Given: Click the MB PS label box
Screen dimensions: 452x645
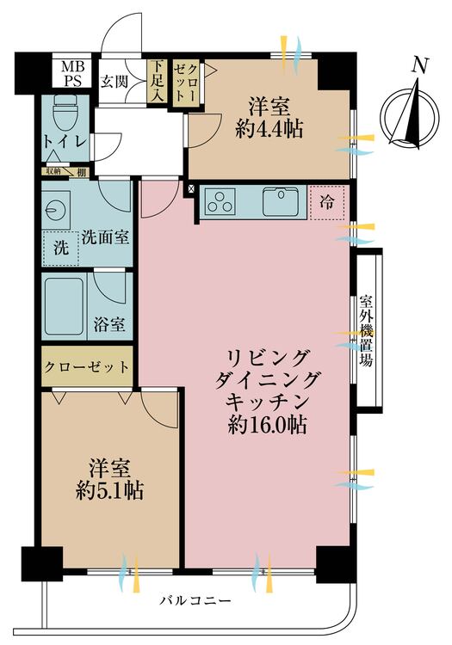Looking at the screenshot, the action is (x=71, y=73).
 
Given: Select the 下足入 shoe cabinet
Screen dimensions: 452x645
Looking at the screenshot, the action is (x=157, y=81).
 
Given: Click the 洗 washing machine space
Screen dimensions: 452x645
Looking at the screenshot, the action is (x=61, y=248).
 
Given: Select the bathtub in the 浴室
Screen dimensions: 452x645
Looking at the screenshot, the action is (x=65, y=306).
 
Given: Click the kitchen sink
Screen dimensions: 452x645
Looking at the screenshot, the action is (x=281, y=201).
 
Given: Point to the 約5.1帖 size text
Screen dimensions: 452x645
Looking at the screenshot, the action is (x=109, y=490).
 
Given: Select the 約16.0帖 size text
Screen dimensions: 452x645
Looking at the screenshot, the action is (x=268, y=426).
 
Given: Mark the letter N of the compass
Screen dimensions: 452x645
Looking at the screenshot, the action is (x=421, y=66).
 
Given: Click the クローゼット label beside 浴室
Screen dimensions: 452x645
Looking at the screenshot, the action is (x=87, y=366).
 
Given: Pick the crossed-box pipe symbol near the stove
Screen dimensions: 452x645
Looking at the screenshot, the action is (x=190, y=190).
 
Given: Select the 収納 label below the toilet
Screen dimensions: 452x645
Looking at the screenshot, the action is (x=53, y=171).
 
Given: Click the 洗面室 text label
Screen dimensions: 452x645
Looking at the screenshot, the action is (x=105, y=237).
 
